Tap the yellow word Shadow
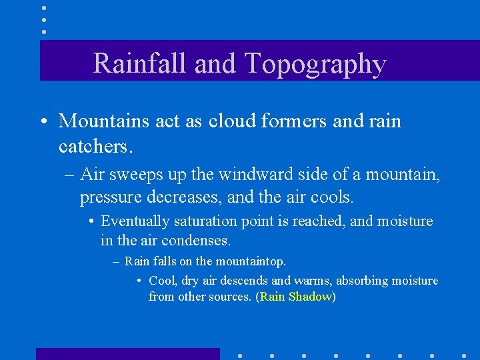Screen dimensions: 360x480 (309, 297)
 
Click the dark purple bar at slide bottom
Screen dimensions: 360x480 (127, 353)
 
